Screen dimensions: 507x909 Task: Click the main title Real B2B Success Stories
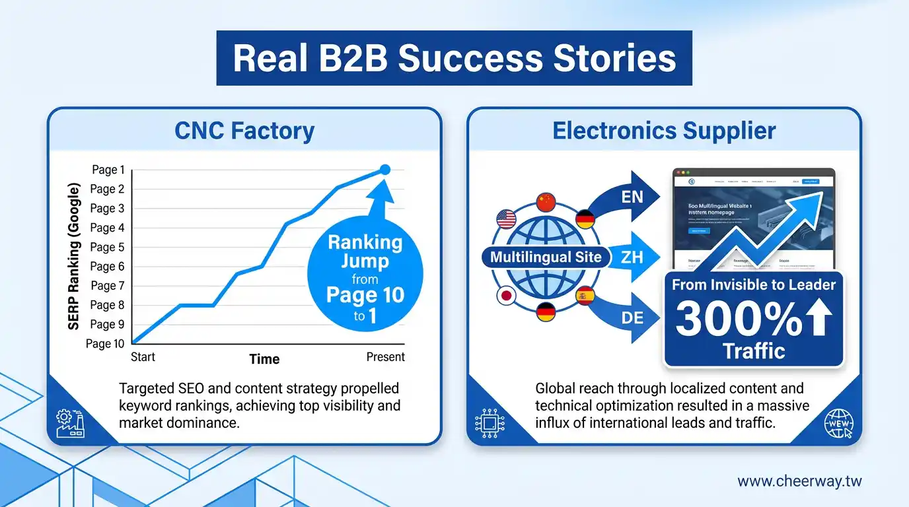click(x=454, y=57)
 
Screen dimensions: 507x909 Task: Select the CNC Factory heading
click(x=244, y=131)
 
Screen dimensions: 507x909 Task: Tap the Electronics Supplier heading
click(x=664, y=131)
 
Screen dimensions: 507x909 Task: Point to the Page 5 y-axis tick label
click(x=107, y=248)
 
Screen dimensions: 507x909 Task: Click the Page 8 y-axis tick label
click(x=107, y=305)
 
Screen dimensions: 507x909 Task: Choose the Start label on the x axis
click(x=143, y=357)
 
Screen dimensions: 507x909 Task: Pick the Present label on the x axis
click(x=385, y=357)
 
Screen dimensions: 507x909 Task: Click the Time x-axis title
click(x=264, y=359)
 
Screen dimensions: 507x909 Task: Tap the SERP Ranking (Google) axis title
click(x=74, y=257)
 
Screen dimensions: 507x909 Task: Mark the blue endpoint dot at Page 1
click(x=386, y=170)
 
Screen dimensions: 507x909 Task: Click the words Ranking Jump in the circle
click(x=365, y=252)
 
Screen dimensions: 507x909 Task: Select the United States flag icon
click(x=506, y=219)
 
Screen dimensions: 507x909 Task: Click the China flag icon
click(x=546, y=202)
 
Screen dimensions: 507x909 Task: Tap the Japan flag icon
click(x=506, y=295)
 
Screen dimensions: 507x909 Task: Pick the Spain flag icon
click(x=585, y=295)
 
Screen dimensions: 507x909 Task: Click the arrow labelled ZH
click(x=631, y=257)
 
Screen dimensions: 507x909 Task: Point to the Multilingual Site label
click(x=546, y=257)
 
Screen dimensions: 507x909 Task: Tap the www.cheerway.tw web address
click(x=799, y=481)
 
